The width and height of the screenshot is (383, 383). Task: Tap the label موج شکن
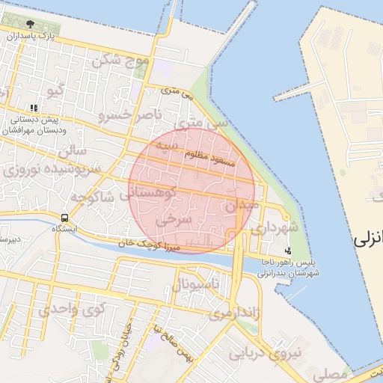120,60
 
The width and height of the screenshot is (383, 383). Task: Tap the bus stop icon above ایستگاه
65,218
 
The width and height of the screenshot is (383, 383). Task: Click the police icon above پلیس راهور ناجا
288,251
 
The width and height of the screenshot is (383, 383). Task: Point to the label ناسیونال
196,285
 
